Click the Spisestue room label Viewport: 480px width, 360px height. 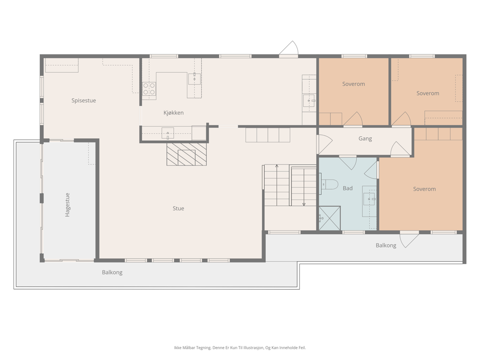[83, 101]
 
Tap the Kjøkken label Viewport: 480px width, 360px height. [173, 112]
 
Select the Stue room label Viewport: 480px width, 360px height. [178, 209]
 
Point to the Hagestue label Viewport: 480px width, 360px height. [67, 205]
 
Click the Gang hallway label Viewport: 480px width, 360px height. [365, 139]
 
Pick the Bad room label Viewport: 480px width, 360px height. [347, 188]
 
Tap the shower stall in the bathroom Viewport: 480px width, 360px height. [330, 218]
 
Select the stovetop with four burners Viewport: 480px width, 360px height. [149, 89]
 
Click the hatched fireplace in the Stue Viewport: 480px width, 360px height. [187, 154]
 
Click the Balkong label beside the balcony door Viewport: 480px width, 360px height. [386, 246]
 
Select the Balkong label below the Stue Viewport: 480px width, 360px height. [112, 272]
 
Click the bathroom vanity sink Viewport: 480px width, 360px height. [369, 199]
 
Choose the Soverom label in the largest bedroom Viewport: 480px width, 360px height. [424, 189]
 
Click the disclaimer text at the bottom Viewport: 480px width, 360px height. [240, 347]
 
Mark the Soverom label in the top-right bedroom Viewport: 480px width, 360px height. [427, 93]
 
